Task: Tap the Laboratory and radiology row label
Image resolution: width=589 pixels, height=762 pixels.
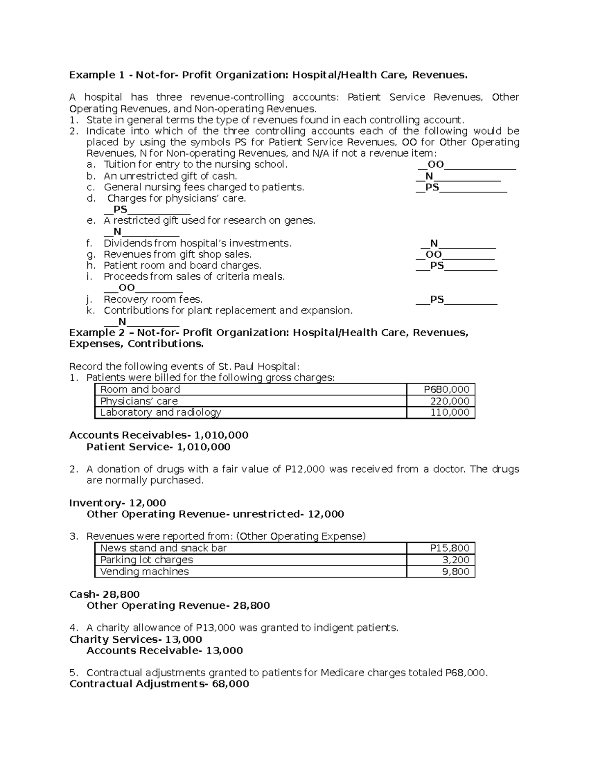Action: tap(161, 413)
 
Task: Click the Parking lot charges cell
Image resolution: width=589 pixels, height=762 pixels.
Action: tap(146, 560)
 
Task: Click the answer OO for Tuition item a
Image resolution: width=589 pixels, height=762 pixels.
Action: tap(435, 165)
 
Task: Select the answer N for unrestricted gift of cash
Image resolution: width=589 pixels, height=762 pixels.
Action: tap(429, 176)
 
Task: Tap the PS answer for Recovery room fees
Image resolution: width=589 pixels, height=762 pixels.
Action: tap(437, 300)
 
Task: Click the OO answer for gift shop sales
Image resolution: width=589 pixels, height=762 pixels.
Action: tap(433, 255)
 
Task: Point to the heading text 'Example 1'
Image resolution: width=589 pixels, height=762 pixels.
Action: tap(97, 75)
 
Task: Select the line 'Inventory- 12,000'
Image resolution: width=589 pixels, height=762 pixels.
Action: tap(117, 503)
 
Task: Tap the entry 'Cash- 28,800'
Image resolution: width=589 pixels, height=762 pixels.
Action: tap(105, 594)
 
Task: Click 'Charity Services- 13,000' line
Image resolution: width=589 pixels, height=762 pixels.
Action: tap(135, 639)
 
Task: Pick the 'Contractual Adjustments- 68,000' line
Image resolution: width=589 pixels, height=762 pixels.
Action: tap(159, 684)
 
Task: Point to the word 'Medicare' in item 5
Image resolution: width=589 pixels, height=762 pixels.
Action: tap(342, 673)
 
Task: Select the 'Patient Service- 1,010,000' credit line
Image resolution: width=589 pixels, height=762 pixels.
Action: tap(158, 447)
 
